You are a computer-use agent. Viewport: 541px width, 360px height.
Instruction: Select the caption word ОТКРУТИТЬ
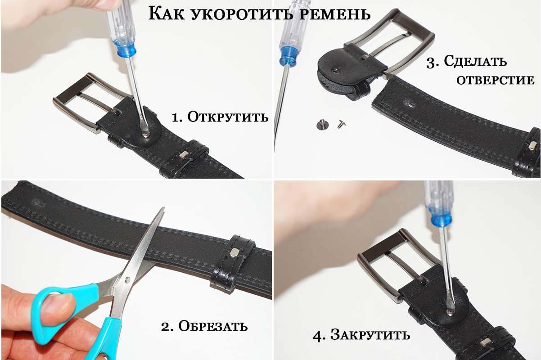[x=228, y=117]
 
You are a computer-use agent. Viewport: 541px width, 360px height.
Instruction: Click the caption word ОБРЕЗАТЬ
[x=213, y=326]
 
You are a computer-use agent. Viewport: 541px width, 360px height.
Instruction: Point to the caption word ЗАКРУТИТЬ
[x=370, y=335]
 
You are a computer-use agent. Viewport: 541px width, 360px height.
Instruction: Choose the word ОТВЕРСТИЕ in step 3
[x=495, y=80]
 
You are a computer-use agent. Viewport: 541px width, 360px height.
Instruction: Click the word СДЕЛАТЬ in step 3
[x=475, y=61]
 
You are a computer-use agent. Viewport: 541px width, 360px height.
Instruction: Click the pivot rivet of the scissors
[x=127, y=280]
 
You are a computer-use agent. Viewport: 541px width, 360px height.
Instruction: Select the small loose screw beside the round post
[x=342, y=124]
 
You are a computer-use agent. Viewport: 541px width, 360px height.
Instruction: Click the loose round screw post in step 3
[x=321, y=125]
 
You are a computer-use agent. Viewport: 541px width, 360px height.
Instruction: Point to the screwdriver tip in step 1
[x=146, y=134]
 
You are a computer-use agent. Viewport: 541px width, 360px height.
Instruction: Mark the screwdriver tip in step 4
[x=449, y=313]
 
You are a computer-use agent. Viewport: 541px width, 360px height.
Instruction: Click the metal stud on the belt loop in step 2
[x=234, y=252]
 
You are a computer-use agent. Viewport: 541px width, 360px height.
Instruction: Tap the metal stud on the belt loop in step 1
[x=184, y=154]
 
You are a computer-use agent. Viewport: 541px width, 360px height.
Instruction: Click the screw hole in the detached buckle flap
[x=335, y=71]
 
